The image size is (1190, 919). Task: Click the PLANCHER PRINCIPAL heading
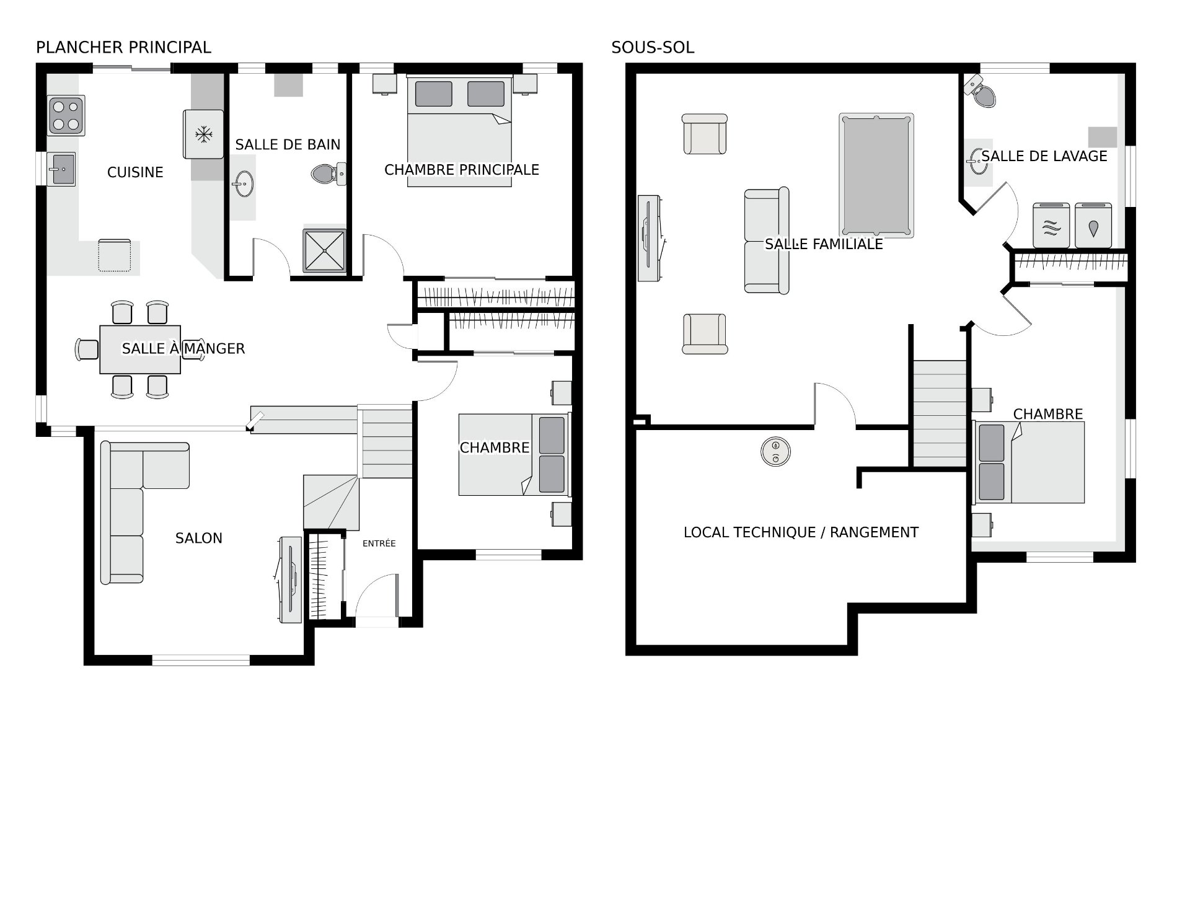click(x=123, y=48)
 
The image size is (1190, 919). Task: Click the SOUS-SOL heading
click(x=653, y=48)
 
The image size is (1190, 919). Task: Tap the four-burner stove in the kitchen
click(x=66, y=115)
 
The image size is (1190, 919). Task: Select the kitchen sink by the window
click(x=62, y=169)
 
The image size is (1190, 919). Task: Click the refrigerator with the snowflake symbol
click(x=203, y=134)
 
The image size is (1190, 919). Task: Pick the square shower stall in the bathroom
click(x=324, y=251)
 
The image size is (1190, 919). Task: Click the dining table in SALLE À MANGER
click(x=140, y=350)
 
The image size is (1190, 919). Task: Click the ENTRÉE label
click(x=379, y=543)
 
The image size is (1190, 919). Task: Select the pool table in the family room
click(x=876, y=175)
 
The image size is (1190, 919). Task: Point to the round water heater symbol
click(x=775, y=451)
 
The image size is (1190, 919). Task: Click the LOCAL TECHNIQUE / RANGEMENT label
click(x=801, y=532)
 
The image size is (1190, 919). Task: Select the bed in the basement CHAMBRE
click(x=1029, y=462)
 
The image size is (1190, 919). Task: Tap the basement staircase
click(x=940, y=413)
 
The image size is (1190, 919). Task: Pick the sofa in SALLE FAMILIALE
click(x=767, y=240)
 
